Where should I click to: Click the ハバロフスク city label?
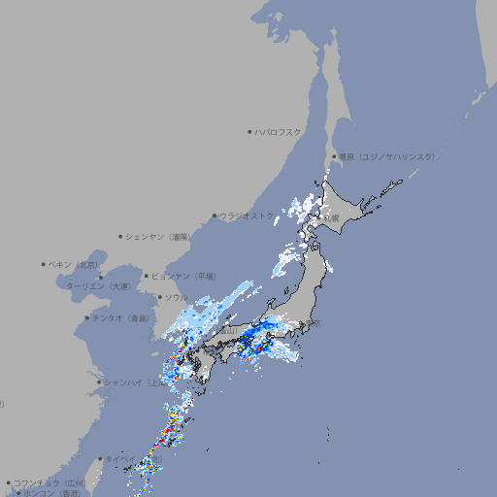click(x=278, y=131)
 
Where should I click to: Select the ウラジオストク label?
click(x=247, y=215)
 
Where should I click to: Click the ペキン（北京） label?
click(x=74, y=264)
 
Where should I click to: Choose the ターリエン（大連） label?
click(x=97, y=286)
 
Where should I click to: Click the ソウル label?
click(x=176, y=297)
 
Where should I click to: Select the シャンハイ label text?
click(x=131, y=382)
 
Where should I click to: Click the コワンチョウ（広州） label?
click(x=50, y=482)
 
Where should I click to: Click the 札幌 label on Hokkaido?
click(x=331, y=218)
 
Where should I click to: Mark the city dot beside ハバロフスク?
click(x=249, y=131)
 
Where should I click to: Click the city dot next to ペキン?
click(x=44, y=264)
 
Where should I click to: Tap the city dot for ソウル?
click(x=159, y=297)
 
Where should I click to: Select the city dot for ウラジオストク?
click(x=215, y=215)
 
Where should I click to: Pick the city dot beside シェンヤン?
click(x=120, y=236)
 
